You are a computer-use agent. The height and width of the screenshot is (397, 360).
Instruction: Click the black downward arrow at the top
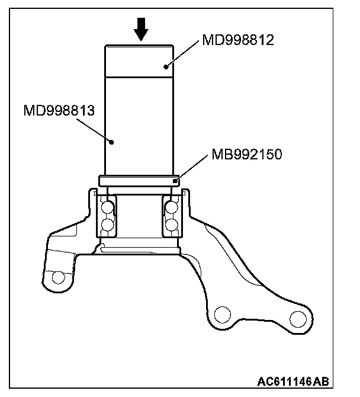[x=141, y=29]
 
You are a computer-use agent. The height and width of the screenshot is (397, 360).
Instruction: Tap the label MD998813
[x=60, y=110]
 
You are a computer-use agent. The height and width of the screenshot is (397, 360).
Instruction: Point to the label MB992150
[x=246, y=155]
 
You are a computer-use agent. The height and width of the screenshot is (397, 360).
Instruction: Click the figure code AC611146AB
[x=302, y=381]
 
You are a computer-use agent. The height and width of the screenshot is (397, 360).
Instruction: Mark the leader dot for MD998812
[x=167, y=66]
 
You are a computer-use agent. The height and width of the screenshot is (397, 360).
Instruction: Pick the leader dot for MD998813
[x=112, y=141]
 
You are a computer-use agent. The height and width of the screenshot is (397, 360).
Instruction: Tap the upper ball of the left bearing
[x=107, y=207]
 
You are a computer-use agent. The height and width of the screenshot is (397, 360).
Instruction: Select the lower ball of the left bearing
[x=107, y=225]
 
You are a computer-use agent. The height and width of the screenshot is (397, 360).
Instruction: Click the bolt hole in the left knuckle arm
[x=57, y=277]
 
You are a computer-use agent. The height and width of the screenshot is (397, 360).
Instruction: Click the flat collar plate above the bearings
[x=140, y=180]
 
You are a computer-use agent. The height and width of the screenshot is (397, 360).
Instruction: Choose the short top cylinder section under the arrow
[x=141, y=59]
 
